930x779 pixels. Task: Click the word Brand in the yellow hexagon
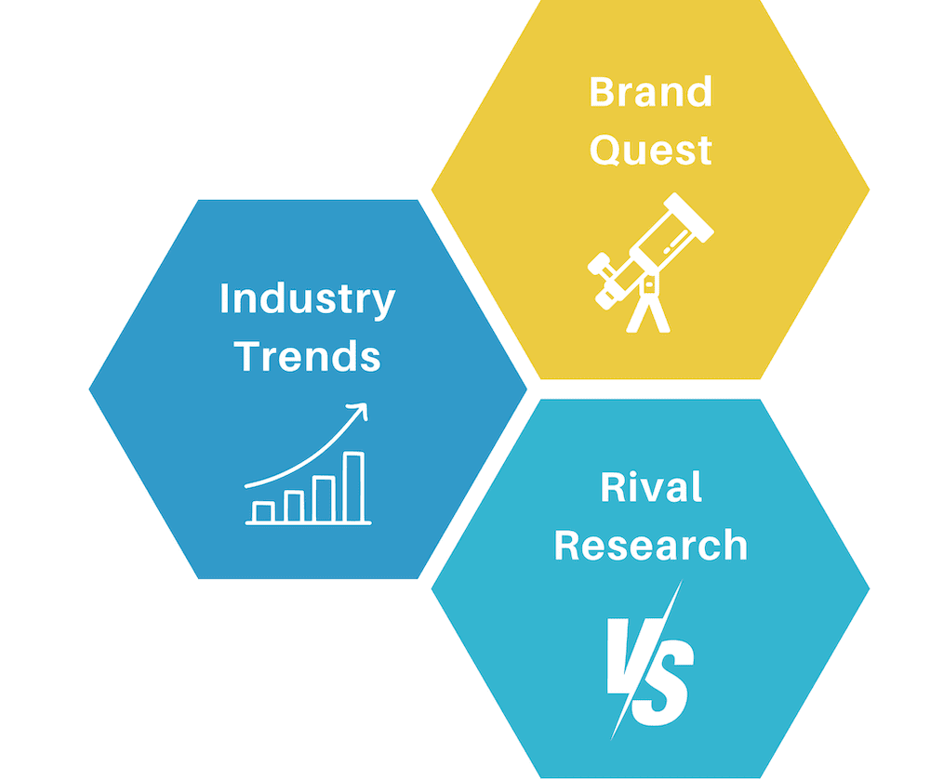651,91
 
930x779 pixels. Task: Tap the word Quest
651,150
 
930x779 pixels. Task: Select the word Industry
307,300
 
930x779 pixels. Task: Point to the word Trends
307,356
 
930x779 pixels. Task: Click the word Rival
651,487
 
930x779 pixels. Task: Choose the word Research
651,545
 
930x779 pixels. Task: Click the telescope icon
651,262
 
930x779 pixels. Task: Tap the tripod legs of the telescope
647,313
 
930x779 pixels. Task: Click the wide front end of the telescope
688,217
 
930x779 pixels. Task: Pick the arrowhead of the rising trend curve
359,410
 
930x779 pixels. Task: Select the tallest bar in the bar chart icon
353,487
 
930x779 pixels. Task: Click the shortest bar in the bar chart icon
263,511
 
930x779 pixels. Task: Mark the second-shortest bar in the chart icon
294,507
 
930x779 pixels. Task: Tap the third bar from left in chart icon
325,498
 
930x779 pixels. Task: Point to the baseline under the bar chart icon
309,522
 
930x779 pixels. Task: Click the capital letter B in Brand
601,91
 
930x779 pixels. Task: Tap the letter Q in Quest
604,150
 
